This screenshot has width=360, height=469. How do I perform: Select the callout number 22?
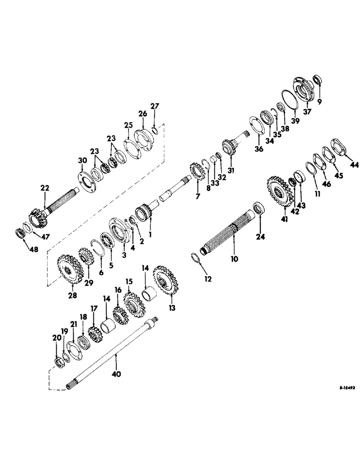pyautogui.click(x=45, y=188)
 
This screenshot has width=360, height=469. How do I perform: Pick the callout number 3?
pyautogui.click(x=124, y=255)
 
